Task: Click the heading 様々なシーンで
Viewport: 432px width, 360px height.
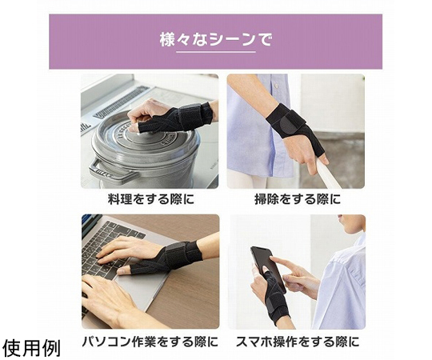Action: (x=216, y=40)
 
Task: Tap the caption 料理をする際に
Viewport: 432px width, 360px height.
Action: (x=150, y=199)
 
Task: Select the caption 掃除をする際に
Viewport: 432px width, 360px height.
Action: (x=298, y=199)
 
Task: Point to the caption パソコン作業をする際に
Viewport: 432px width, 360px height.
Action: (x=150, y=342)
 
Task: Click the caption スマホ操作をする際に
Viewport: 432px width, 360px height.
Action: (x=298, y=342)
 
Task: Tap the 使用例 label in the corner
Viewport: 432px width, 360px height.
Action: (x=31, y=348)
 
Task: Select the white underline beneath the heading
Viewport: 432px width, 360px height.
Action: (x=216, y=51)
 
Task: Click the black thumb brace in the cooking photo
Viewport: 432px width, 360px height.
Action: (x=176, y=118)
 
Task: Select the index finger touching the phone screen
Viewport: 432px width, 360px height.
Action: (x=284, y=264)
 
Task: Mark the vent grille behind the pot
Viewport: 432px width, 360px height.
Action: (x=122, y=102)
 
